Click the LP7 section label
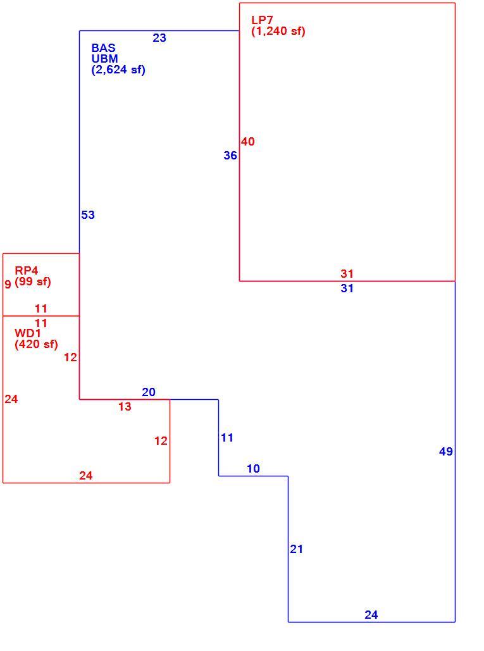click(x=263, y=20)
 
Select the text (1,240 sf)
click(x=278, y=31)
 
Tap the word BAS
click(x=103, y=48)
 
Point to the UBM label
click(x=104, y=59)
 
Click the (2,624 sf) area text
click(x=118, y=70)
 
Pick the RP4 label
click(x=26, y=271)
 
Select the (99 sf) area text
click(x=33, y=282)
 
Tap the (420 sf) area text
click(x=36, y=344)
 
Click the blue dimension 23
click(x=159, y=38)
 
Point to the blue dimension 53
click(x=88, y=215)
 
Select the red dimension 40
click(x=248, y=142)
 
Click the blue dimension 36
click(x=230, y=155)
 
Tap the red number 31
click(x=347, y=273)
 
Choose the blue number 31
click(x=347, y=288)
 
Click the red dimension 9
click(x=8, y=285)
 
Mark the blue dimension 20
click(x=149, y=392)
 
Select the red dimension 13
click(x=125, y=407)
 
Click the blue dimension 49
click(x=446, y=451)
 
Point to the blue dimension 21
click(x=296, y=549)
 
